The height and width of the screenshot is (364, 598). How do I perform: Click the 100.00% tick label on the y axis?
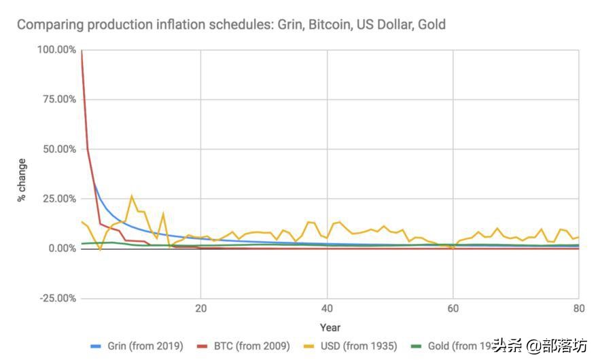[x=56, y=50]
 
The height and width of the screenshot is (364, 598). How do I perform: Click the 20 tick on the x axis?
[x=200, y=307]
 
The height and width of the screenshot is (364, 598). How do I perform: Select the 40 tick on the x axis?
[x=327, y=307]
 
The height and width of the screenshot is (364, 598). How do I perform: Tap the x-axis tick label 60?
[x=453, y=307]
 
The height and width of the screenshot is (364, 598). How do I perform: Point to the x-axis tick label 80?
[x=578, y=307]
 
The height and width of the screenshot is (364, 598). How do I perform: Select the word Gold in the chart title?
[x=432, y=24]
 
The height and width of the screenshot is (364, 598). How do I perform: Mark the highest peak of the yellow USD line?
[x=132, y=196]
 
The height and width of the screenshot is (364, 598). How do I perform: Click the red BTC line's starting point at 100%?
[x=82, y=50]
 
